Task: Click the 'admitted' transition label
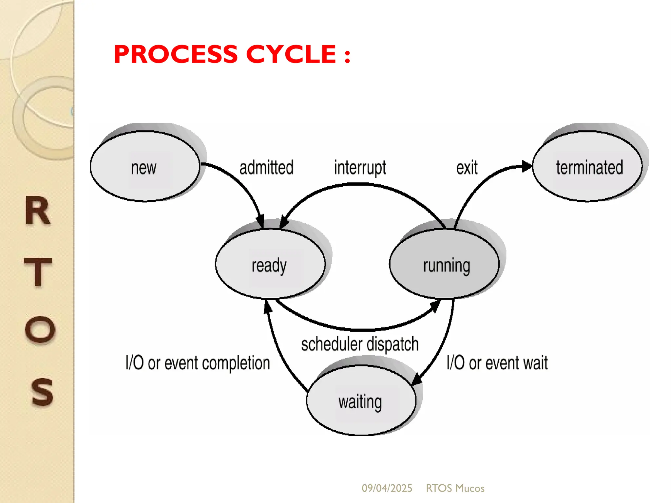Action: tap(266, 168)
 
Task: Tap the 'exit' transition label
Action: tap(467, 168)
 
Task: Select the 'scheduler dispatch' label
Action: tap(360, 344)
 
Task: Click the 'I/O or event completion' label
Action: tap(198, 363)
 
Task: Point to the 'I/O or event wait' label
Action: tap(497, 363)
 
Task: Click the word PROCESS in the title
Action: tap(176, 54)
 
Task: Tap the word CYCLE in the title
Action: tap(291, 54)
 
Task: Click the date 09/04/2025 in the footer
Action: tap(387, 488)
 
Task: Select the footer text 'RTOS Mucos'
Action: tap(455, 488)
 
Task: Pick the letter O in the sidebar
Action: tap(40, 329)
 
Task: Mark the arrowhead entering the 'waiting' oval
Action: tap(416, 380)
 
